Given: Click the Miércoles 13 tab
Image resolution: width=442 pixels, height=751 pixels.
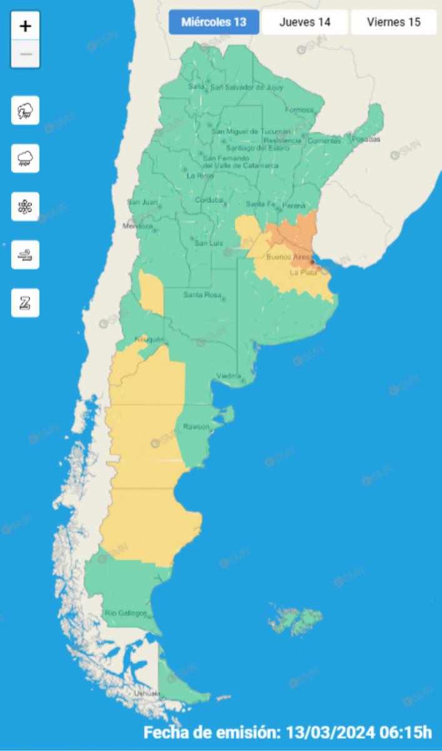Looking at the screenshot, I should (x=214, y=23).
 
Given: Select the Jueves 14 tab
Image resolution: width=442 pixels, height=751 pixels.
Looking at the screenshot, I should (x=304, y=23).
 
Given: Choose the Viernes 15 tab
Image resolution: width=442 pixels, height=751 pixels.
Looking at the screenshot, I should (x=393, y=23).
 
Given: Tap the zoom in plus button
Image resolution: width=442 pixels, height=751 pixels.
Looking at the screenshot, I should (x=26, y=26).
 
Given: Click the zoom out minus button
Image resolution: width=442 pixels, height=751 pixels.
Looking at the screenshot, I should (x=26, y=54).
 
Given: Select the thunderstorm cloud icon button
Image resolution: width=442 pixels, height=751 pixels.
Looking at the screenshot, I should (x=26, y=111).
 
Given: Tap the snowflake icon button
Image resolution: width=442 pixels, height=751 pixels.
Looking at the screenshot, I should (x=26, y=207).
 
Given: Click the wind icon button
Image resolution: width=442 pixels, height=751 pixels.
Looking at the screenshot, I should (x=26, y=255).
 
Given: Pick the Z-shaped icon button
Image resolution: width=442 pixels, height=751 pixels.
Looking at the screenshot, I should (x=26, y=303).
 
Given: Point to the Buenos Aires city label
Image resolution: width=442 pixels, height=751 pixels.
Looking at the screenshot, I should (x=287, y=257).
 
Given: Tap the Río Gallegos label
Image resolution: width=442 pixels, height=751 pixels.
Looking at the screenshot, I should (x=126, y=613).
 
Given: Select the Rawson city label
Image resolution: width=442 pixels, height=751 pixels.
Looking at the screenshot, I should (x=195, y=427).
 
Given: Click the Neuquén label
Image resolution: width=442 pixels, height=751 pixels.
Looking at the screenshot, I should (x=149, y=339).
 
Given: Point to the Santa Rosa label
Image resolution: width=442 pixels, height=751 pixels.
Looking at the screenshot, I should (x=199, y=295).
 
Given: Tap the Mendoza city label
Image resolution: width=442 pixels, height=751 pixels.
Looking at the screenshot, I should (x=138, y=226).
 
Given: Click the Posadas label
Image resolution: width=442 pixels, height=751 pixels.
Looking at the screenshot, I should (x=366, y=139).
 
